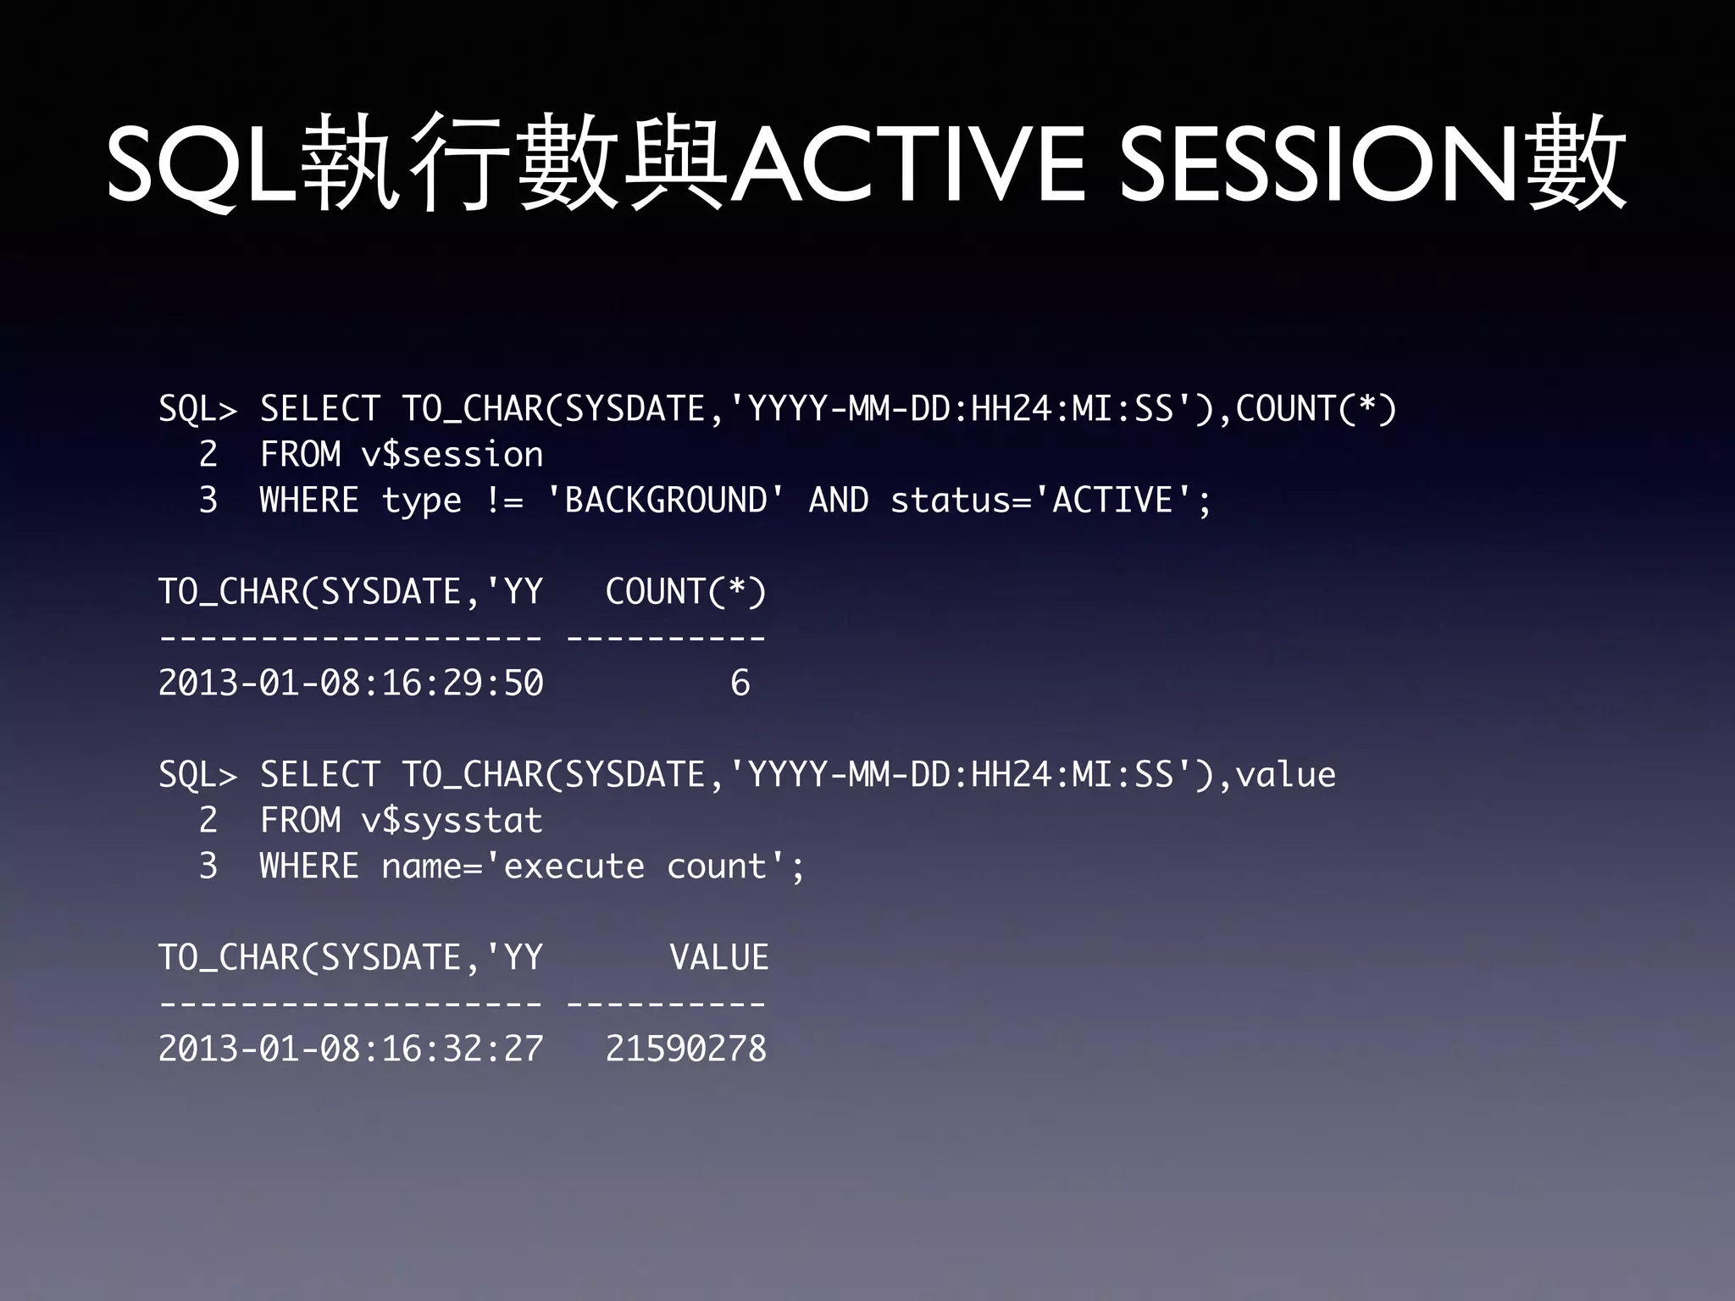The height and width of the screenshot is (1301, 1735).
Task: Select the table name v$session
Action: pos(452,455)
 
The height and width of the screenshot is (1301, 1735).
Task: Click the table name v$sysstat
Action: pos(452,821)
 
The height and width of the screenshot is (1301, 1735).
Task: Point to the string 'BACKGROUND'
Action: pos(666,500)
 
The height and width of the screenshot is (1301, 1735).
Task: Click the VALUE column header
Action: pos(719,958)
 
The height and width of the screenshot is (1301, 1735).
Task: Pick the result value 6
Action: pos(740,683)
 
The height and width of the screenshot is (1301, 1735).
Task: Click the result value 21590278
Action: pos(686,1049)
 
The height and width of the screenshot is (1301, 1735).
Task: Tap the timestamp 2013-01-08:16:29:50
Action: pos(351,683)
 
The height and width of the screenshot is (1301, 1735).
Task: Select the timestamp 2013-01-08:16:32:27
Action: pos(351,1049)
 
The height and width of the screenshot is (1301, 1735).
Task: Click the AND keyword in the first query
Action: pos(839,500)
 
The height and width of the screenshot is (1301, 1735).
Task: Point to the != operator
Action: pos(505,500)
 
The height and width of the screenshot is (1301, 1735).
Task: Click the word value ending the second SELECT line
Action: pos(1285,774)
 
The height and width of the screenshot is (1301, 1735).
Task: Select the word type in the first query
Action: pos(422,501)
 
